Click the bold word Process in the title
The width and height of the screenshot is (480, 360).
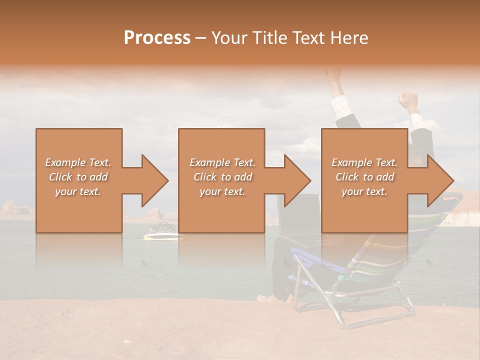[157, 38]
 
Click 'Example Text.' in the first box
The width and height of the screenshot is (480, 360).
[78, 162]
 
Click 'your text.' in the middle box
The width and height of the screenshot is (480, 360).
[222, 191]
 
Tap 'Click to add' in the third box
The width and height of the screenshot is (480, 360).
[364, 177]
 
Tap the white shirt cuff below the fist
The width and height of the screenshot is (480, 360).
[416, 120]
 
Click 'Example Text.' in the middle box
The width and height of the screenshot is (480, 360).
[222, 162]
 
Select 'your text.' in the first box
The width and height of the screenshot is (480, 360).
[78, 191]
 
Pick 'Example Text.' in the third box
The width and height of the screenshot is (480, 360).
[364, 162]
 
